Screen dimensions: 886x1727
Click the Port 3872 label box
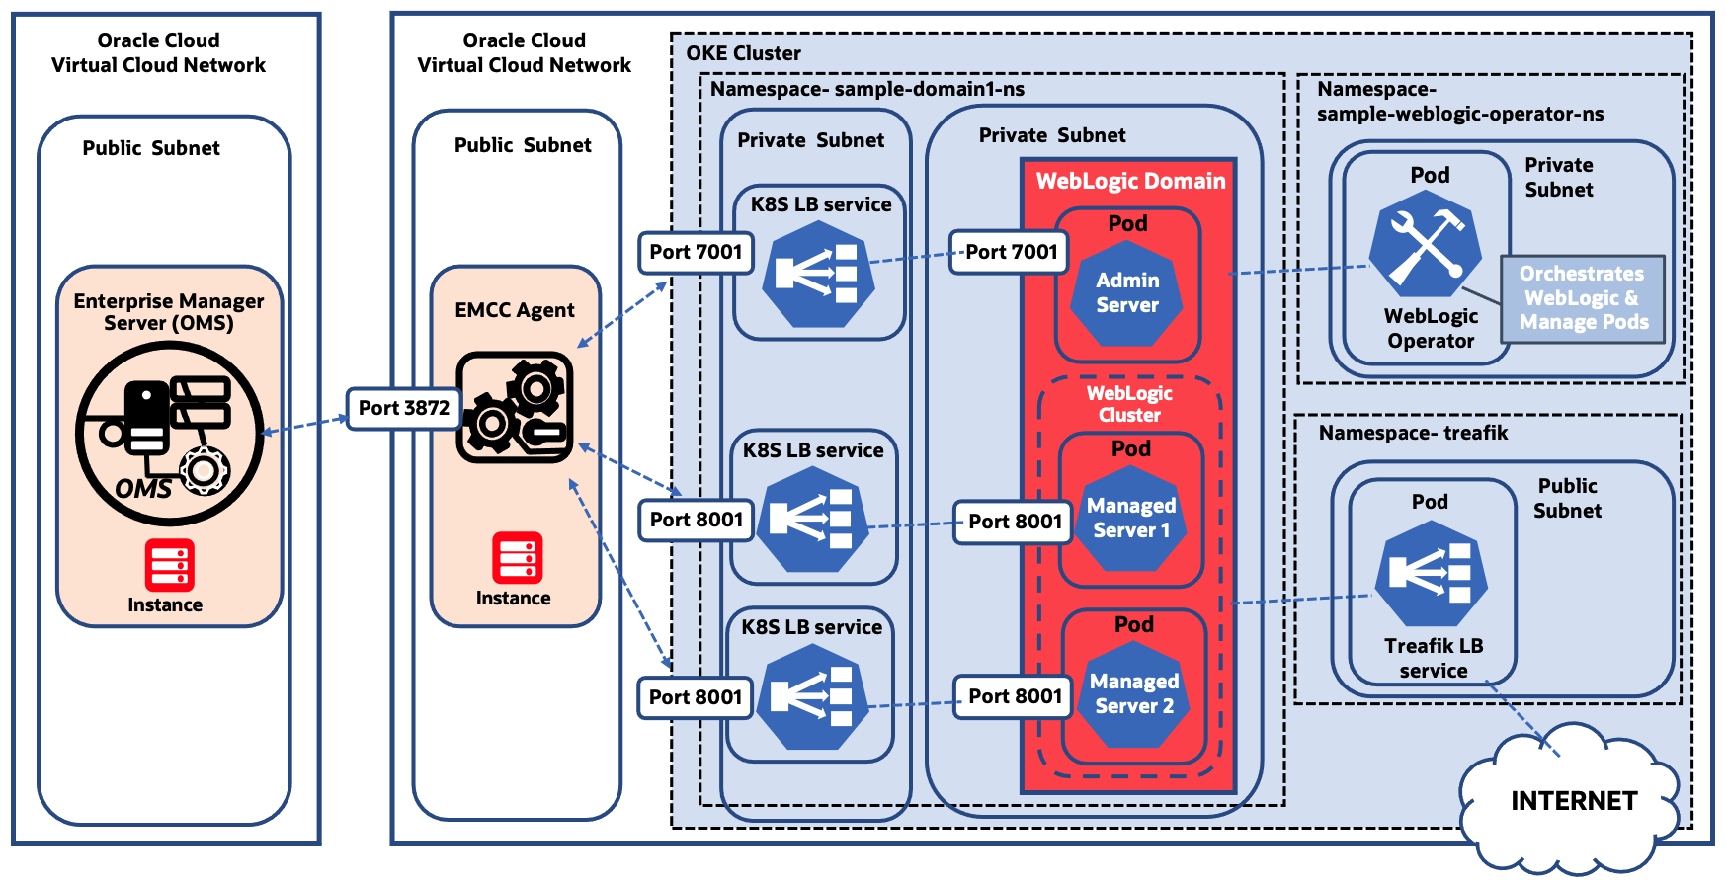pos(403,408)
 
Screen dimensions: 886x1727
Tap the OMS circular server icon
pos(169,434)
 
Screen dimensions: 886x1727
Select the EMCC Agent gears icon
pos(515,407)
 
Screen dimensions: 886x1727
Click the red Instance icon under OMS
pos(169,565)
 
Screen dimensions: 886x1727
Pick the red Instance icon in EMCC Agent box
pos(517,558)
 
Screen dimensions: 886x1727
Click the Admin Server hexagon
pos(1127,293)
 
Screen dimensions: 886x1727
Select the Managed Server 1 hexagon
pos(1131,519)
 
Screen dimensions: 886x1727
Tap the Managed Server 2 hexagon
pos(1134,694)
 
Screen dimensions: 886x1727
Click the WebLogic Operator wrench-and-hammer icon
pos(1425,244)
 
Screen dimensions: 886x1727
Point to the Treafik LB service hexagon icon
pos(1432,575)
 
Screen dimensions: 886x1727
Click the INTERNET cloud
pos(1573,801)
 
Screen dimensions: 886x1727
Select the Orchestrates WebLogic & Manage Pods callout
pos(1583,298)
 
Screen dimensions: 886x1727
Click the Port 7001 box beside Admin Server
pos(1011,252)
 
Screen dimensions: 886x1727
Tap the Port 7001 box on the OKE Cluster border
pos(696,252)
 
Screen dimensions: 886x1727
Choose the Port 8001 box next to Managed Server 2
pos(1014,696)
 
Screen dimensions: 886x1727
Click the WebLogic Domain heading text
pos(1130,181)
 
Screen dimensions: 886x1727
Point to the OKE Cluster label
pos(743,53)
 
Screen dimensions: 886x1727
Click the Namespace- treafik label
pos(1413,433)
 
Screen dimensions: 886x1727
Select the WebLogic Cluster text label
pos(1129,404)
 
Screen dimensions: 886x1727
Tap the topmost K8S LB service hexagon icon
pos(818,275)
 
